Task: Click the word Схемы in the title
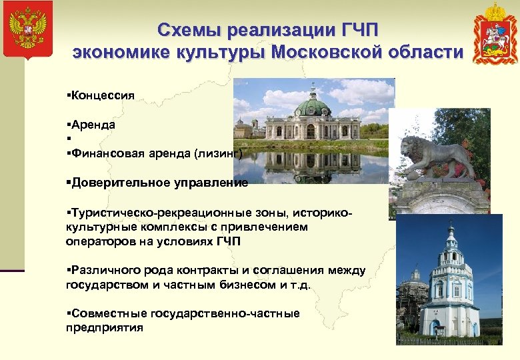coord(189,31)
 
